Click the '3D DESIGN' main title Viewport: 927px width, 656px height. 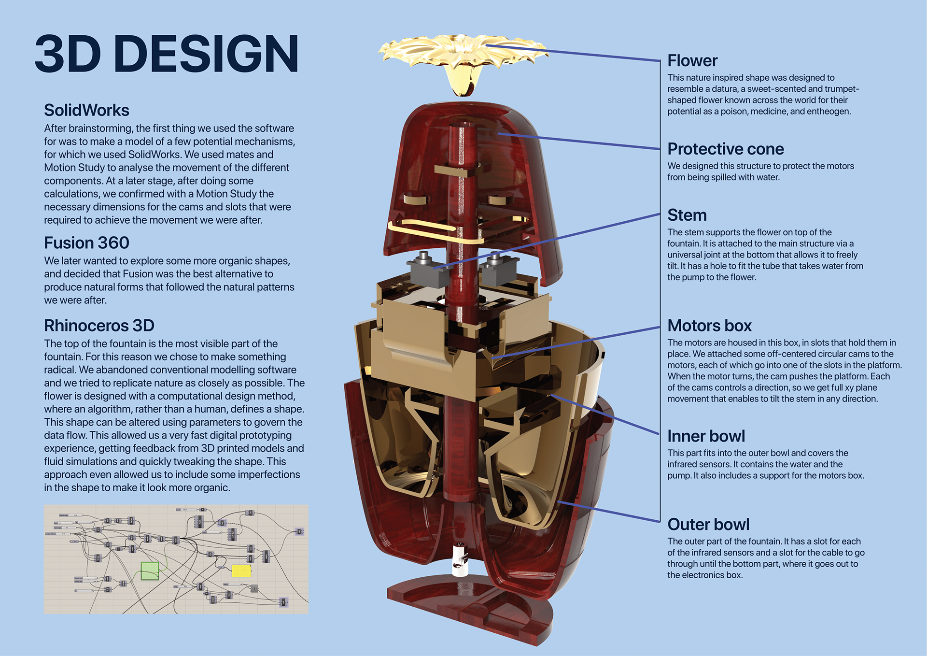(167, 54)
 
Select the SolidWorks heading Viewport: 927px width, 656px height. (86, 110)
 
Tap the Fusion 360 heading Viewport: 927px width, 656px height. (86, 242)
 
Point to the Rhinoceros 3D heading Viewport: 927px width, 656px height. (99, 326)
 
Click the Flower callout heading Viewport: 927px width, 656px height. (692, 61)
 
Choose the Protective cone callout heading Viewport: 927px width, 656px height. (725, 149)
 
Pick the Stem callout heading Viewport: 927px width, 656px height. (687, 215)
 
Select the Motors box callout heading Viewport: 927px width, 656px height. (709, 326)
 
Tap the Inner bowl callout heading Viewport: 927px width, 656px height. (706, 436)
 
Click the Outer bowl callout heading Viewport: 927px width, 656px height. (708, 525)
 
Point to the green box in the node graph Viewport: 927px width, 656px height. (150, 571)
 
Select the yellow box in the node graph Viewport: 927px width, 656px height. (241, 571)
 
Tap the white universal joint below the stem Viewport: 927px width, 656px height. (461, 560)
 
